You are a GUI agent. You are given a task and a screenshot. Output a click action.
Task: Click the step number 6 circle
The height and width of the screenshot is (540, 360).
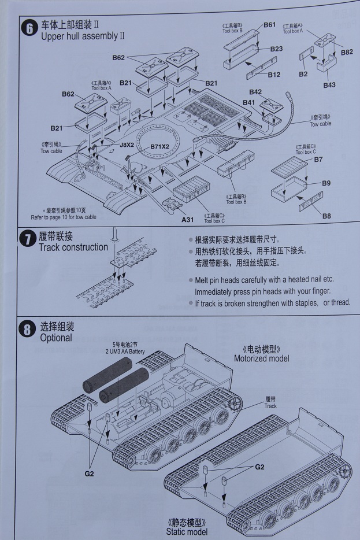tap(29, 28)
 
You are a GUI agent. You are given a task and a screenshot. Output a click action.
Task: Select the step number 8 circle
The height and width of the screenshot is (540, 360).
tap(28, 330)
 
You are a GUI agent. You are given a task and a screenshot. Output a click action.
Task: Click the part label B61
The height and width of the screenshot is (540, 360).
tap(269, 25)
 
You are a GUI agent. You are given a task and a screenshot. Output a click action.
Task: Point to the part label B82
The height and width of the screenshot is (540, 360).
tap(347, 52)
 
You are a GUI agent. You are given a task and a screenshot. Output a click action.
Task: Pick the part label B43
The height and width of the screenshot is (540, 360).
tap(329, 85)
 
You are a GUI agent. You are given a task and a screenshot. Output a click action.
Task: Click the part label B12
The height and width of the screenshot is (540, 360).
tap(274, 75)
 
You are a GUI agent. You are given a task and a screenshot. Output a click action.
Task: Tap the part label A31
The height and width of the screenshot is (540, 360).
tap(188, 220)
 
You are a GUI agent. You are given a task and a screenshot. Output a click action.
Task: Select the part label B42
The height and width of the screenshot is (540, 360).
tap(255, 92)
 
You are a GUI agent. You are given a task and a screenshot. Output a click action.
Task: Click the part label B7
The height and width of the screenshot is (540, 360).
tap(318, 159)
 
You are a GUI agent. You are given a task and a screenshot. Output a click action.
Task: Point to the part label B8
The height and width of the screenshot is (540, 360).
tap(326, 216)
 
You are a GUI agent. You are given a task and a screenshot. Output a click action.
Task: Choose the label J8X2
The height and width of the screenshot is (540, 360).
tap(127, 145)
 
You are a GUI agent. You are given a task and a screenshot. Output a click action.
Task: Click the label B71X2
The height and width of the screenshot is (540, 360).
tap(159, 147)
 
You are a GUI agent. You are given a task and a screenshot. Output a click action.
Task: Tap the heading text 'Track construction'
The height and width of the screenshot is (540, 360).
tap(73, 247)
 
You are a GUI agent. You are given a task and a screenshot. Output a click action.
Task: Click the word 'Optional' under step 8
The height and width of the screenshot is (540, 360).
tap(56, 338)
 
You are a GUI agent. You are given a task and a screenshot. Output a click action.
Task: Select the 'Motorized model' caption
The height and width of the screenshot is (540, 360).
tap(261, 358)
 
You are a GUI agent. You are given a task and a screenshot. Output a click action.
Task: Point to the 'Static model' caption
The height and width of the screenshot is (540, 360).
tap(186, 531)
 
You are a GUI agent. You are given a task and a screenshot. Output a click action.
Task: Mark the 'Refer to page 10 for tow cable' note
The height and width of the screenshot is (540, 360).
tap(64, 217)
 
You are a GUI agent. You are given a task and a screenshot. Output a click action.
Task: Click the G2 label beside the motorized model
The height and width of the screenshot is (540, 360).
tap(88, 474)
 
